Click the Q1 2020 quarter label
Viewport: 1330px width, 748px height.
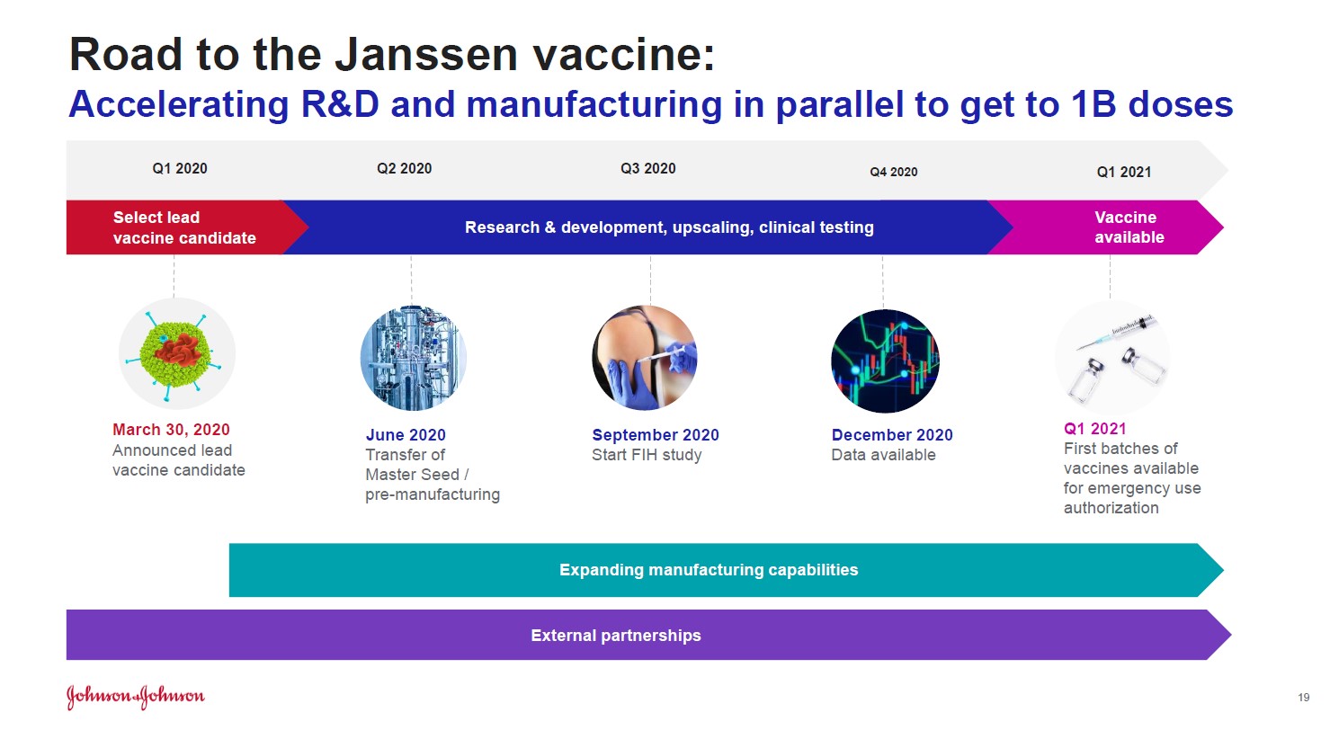pyautogui.click(x=179, y=169)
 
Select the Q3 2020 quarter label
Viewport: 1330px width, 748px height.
pyautogui.click(x=647, y=169)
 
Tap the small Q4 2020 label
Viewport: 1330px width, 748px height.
pyautogui.click(x=894, y=172)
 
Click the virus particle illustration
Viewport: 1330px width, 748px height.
pyautogui.click(x=177, y=354)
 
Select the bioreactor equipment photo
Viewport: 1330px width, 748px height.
pyautogui.click(x=414, y=358)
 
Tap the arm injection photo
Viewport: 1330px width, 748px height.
pyautogui.click(x=645, y=358)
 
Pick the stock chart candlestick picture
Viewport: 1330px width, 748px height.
pyautogui.click(x=885, y=361)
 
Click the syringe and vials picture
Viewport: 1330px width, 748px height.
pyautogui.click(x=1112, y=358)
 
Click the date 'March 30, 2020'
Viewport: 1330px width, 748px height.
pyautogui.click(x=171, y=430)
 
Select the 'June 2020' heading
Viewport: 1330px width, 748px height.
pyautogui.click(x=406, y=435)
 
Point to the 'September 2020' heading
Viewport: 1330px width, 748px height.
pyautogui.click(x=656, y=435)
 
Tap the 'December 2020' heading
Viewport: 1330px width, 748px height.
pyautogui.click(x=892, y=435)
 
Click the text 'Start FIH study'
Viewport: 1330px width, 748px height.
pyautogui.click(x=647, y=455)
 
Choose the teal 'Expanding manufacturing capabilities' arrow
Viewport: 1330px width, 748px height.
pyautogui.click(x=726, y=570)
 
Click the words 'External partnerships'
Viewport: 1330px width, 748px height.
pyautogui.click(x=616, y=636)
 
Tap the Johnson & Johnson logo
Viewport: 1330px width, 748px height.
pyautogui.click(x=136, y=697)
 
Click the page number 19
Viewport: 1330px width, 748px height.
pyautogui.click(x=1304, y=698)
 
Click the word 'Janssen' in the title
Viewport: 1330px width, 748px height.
pyautogui.click(x=426, y=55)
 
